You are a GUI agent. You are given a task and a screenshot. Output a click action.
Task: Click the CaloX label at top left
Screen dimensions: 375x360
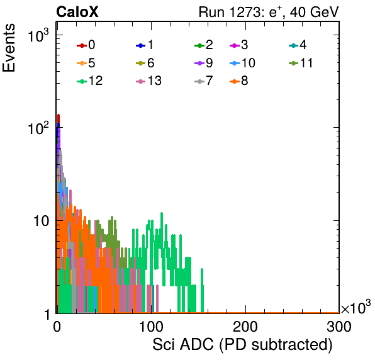tap(77, 12)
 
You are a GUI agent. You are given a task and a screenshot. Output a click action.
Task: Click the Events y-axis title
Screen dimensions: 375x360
tap(9, 48)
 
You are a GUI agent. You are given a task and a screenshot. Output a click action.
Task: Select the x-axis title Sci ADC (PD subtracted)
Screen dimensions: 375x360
tap(242, 345)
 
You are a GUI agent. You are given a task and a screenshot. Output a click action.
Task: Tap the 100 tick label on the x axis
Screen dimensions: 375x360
tap(151, 327)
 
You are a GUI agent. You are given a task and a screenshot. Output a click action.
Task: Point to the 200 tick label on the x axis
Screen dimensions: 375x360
tap(245, 327)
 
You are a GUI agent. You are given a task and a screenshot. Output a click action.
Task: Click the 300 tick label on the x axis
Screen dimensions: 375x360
tap(339, 327)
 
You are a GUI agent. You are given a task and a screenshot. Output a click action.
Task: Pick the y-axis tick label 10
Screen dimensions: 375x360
tap(41, 222)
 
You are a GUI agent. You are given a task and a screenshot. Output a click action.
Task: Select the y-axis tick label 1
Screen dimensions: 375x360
tap(47, 314)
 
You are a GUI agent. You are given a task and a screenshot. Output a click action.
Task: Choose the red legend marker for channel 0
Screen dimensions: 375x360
tap(82, 45)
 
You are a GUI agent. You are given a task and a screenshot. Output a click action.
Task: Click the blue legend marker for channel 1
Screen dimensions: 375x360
tap(141, 45)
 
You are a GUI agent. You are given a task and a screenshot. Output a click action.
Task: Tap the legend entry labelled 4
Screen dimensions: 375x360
tap(298, 45)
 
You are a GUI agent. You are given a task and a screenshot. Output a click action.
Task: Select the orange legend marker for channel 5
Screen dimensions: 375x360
tap(82, 64)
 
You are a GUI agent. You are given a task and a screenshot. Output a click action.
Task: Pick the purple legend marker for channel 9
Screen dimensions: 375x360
tap(199, 64)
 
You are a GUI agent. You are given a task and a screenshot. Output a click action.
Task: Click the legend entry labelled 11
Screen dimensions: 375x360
tap(301, 63)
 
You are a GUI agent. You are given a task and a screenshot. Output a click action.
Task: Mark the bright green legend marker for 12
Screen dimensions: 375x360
tap(82, 81)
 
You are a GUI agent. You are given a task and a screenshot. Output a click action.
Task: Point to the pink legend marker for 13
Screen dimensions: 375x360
tap(141, 81)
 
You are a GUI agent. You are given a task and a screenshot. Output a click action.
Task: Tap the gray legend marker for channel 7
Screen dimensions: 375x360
tap(199, 81)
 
